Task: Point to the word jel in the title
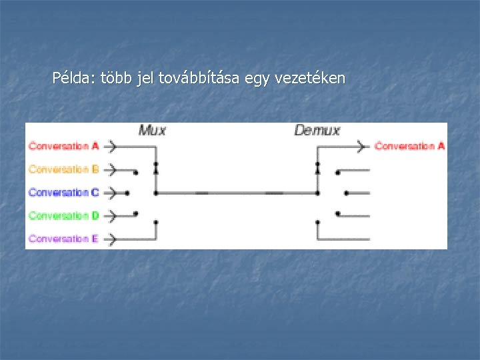145,79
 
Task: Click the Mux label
152,130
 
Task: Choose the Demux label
317,130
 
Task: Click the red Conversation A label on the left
63,145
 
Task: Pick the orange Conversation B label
63,169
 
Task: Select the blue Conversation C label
63,192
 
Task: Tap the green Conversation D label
63,215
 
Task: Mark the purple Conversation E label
63,238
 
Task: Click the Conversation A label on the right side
409,145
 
